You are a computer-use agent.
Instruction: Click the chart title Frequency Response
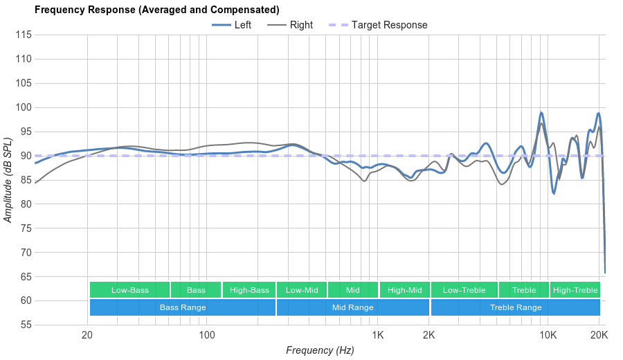click(x=156, y=10)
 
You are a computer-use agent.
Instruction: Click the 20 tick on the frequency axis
click(x=87, y=335)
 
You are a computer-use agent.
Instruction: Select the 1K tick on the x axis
click(x=378, y=335)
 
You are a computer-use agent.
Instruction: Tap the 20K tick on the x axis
click(x=599, y=335)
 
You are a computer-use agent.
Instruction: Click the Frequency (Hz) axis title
click(x=320, y=350)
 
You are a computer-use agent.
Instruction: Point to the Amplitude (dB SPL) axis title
click(x=8, y=180)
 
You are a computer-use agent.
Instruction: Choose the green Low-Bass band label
click(x=129, y=290)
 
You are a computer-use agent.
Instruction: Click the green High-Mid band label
click(x=404, y=290)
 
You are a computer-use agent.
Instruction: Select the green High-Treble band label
click(x=575, y=290)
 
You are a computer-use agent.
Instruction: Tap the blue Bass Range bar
click(x=183, y=307)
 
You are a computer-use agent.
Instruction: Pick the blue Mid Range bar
click(x=352, y=307)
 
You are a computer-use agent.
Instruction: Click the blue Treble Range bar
click(x=516, y=307)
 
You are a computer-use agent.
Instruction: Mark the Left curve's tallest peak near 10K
click(x=541, y=112)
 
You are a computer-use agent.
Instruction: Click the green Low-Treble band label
click(x=464, y=290)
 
